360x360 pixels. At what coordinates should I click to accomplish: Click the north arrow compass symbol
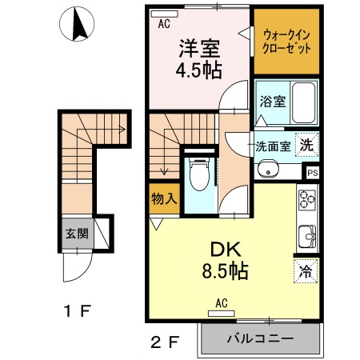77,24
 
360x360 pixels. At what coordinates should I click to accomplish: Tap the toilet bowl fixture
199,174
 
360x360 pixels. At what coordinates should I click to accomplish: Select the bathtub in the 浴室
304,102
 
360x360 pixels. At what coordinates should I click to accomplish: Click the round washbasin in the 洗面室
267,169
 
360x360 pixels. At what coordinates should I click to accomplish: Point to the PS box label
313,173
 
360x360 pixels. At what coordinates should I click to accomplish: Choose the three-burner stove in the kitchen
307,199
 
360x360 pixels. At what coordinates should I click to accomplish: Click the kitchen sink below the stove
307,236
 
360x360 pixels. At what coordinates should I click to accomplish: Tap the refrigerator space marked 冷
306,270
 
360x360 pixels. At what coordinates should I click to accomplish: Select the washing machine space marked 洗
307,145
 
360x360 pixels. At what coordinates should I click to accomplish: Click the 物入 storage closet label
164,198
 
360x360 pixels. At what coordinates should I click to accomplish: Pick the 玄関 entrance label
77,234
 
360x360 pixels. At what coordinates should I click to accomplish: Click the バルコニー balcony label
260,339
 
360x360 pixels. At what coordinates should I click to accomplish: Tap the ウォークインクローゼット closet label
286,42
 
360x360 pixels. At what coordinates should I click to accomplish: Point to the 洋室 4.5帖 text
199,59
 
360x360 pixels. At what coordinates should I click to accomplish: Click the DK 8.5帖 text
226,260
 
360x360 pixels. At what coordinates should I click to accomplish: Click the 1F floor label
78,311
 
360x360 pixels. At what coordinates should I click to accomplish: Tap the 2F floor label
165,342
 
